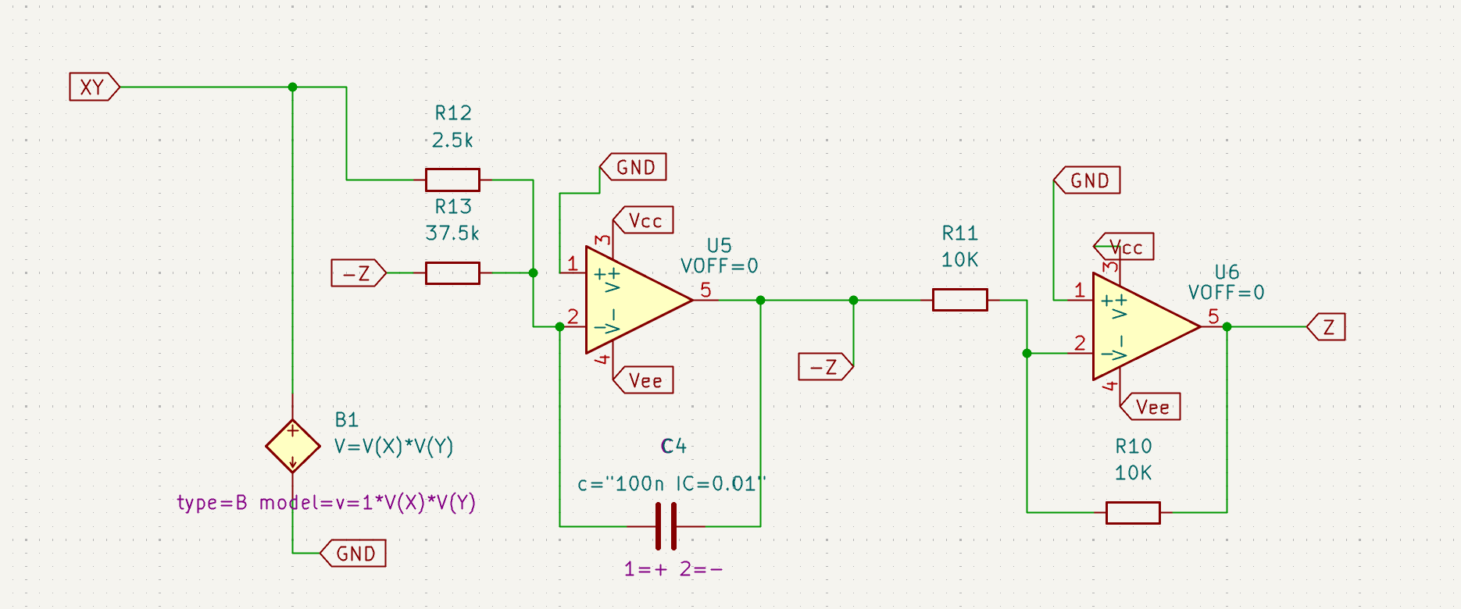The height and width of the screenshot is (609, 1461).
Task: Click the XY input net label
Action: (95, 87)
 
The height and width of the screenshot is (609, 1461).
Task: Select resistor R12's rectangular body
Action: (452, 180)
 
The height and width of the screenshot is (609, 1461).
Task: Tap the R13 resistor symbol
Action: (452, 273)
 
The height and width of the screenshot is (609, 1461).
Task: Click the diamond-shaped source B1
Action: (293, 447)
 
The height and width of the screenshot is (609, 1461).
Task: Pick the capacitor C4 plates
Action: (666, 526)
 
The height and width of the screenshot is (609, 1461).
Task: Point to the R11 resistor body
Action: (960, 300)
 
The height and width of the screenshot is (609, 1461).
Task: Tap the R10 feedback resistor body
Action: (1133, 513)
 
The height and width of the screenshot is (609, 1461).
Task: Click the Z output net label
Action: (1327, 326)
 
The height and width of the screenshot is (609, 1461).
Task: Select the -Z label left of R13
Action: (359, 273)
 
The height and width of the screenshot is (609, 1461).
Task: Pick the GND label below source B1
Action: (353, 554)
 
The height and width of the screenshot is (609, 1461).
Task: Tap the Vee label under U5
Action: (643, 380)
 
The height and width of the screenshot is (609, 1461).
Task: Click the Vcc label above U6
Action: (1123, 247)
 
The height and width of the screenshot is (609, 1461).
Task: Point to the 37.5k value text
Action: (452, 233)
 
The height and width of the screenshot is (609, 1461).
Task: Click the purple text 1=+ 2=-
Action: (673, 568)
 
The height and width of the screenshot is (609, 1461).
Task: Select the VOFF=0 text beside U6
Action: (1226, 293)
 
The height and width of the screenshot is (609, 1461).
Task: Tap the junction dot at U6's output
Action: (1227, 326)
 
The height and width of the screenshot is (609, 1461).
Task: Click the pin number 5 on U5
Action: (705, 290)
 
